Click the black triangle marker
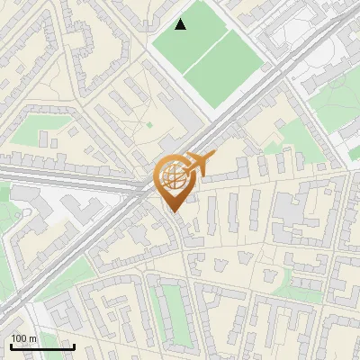pyautogui.click(x=181, y=24)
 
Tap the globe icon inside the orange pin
pyautogui.click(x=175, y=178)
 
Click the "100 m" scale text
pyautogui.click(x=23, y=338)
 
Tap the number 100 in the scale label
pyautogui.click(x=19, y=338)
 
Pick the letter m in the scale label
pyautogui.click(x=32, y=338)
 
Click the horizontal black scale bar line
pyautogui.click(x=41, y=346)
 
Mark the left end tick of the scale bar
pyautogui.click(x=10, y=344)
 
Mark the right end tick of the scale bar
pyautogui.click(x=74, y=344)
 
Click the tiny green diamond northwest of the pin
pyautogui.click(x=149, y=124)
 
